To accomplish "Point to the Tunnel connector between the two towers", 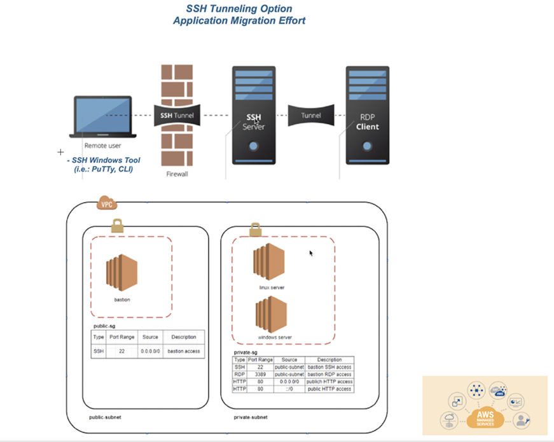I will (310, 116).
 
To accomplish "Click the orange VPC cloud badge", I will (106, 204).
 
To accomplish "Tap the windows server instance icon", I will (271, 314).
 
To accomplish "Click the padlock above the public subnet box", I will (117, 225).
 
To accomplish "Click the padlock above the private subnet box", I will (255, 229).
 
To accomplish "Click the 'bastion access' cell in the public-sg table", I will (184, 350).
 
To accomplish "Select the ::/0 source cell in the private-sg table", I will (289, 389).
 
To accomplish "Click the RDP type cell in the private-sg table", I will (240, 374).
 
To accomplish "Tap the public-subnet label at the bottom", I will (105, 417).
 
